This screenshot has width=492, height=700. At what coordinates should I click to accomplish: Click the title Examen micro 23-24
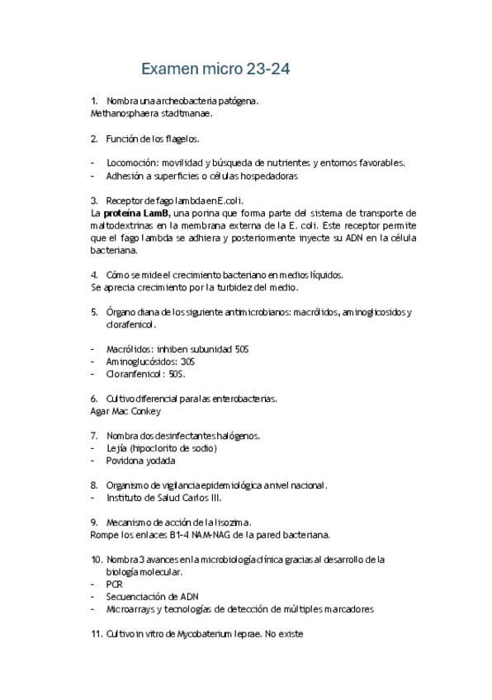pyautogui.click(x=215, y=69)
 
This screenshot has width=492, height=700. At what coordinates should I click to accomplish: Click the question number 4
pyautogui.click(x=93, y=275)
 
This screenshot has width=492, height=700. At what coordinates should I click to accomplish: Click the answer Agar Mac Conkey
pyautogui.click(x=125, y=411)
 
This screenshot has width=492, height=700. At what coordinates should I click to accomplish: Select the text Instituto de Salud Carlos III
pyautogui.click(x=163, y=498)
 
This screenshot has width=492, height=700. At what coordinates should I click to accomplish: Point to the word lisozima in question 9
pyautogui.click(x=229, y=523)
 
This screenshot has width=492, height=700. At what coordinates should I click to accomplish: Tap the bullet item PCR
pyautogui.click(x=114, y=584)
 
